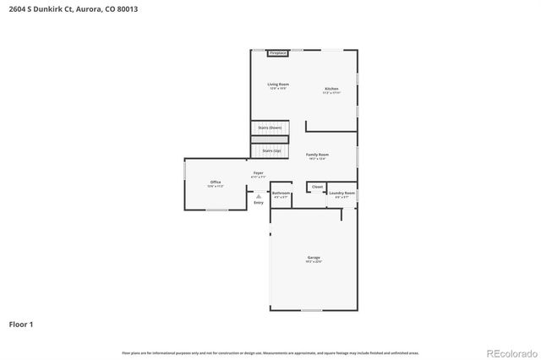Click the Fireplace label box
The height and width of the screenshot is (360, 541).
pyautogui.click(x=278, y=53)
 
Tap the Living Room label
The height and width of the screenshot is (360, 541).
pyautogui.click(x=278, y=85)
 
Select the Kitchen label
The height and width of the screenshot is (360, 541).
pyautogui.click(x=331, y=90)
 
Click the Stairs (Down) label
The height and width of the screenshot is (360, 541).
pyautogui.click(x=270, y=128)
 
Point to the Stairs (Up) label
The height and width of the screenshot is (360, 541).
pyautogui.click(x=271, y=150)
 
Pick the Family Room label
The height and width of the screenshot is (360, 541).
pyautogui.click(x=317, y=155)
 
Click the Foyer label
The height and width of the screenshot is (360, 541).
pyautogui.click(x=258, y=174)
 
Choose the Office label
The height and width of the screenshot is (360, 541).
pyautogui.click(x=216, y=183)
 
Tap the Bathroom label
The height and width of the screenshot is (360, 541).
pyautogui.click(x=281, y=194)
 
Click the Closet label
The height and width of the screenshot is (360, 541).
pyautogui.click(x=317, y=187)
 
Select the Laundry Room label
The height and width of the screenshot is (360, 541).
pyautogui.click(x=342, y=194)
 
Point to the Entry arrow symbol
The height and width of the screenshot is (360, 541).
pyautogui.click(x=259, y=196)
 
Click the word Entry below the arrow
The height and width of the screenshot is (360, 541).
pyautogui.click(x=259, y=203)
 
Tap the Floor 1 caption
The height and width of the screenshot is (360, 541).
pyautogui.click(x=21, y=324)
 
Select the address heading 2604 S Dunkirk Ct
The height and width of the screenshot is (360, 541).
pyautogui.click(x=41, y=8)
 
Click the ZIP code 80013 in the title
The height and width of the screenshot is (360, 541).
pyautogui.click(x=128, y=8)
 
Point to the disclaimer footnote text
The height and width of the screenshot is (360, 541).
pyautogui.click(x=270, y=352)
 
